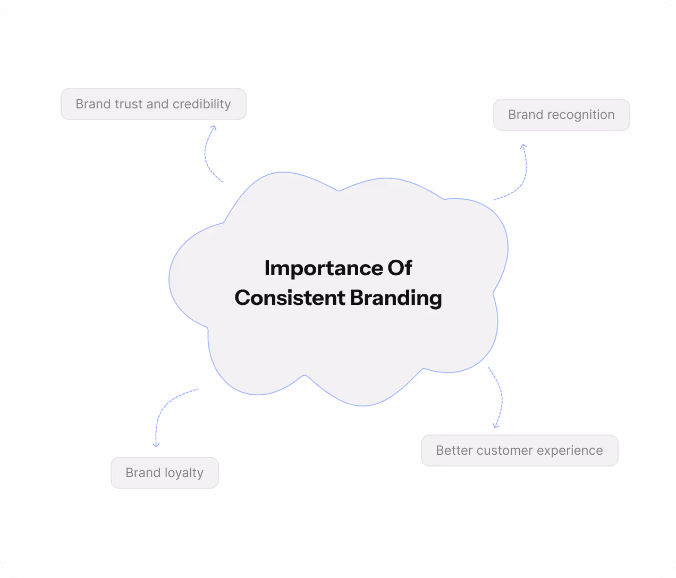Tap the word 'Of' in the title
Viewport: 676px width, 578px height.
(400, 268)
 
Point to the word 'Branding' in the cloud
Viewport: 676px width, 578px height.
(396, 298)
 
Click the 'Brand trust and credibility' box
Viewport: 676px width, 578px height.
(154, 104)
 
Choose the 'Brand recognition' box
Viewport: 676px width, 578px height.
(561, 115)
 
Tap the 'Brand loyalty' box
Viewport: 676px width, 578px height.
(165, 473)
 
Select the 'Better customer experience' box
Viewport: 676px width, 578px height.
(519, 450)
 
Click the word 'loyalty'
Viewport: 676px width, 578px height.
(184, 473)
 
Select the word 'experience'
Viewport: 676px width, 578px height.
(570, 450)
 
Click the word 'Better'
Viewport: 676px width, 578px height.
(454, 450)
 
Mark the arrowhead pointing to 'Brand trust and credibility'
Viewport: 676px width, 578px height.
(214, 127)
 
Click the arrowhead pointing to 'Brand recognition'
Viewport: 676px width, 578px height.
(523, 146)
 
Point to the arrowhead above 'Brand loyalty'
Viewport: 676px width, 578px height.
(156, 445)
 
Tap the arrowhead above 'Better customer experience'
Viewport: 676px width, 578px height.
(496, 425)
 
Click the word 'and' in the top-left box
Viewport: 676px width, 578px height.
(157, 104)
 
